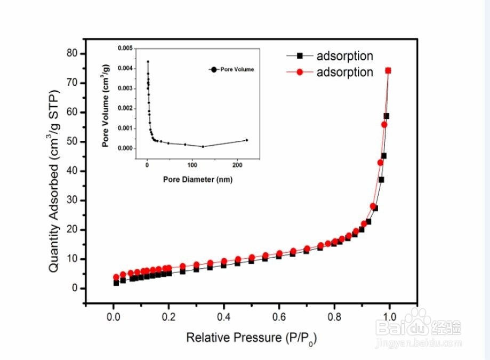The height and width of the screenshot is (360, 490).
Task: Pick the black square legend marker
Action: tap(300, 55)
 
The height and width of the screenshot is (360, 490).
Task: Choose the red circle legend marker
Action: tap(300, 72)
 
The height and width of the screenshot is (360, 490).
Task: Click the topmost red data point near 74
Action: tap(388, 70)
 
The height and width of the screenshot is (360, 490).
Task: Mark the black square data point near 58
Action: tap(386, 116)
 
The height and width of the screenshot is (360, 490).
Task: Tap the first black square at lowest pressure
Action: tap(116, 283)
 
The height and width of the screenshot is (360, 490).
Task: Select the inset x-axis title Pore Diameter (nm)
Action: tap(198, 180)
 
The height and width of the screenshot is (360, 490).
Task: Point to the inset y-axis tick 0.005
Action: tap(124, 48)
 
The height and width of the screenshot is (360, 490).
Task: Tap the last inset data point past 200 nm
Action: tap(247, 140)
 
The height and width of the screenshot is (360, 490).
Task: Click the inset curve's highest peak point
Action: tap(148, 61)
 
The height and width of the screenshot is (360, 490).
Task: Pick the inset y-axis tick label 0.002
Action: tap(124, 108)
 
